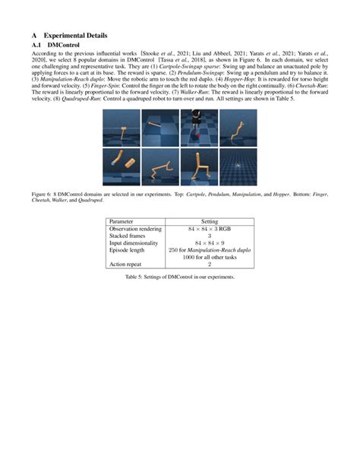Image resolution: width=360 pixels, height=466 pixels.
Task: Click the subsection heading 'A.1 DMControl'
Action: click(54, 46)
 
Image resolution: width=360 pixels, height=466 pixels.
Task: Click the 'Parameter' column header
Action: click(123, 220)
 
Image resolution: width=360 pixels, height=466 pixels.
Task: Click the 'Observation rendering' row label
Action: click(137, 228)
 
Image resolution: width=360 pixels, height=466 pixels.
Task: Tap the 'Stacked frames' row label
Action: click(130, 236)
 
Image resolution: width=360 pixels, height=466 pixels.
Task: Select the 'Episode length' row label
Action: click(130, 250)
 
